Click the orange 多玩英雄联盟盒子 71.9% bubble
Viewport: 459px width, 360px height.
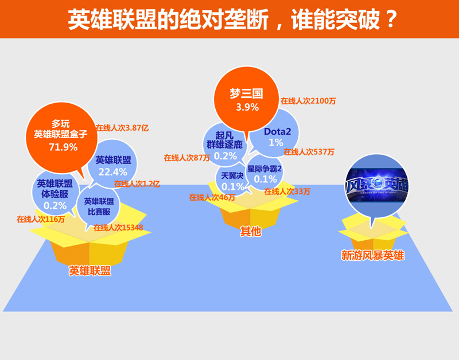[x=61, y=138]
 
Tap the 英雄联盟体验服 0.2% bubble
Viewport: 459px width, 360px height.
[x=55, y=193]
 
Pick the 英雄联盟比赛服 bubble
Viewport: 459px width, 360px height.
[x=98, y=207]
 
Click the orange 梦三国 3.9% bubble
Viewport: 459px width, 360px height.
[x=247, y=99]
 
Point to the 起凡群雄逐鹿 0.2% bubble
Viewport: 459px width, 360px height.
[x=225, y=145]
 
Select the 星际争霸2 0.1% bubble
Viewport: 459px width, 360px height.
[x=264, y=173]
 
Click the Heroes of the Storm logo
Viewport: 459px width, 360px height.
[x=377, y=186]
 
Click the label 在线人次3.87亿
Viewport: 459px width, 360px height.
[x=122, y=128]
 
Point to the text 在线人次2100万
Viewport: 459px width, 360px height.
[x=308, y=101]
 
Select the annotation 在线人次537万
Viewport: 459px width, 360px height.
[x=309, y=152]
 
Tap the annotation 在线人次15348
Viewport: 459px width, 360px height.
[x=118, y=228]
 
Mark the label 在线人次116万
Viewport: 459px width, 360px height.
[x=41, y=219]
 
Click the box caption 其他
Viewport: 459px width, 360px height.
[x=251, y=232]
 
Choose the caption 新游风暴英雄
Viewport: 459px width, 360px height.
[x=372, y=255]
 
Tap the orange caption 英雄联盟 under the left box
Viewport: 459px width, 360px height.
[x=90, y=271]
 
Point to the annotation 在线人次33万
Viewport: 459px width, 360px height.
[x=287, y=191]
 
